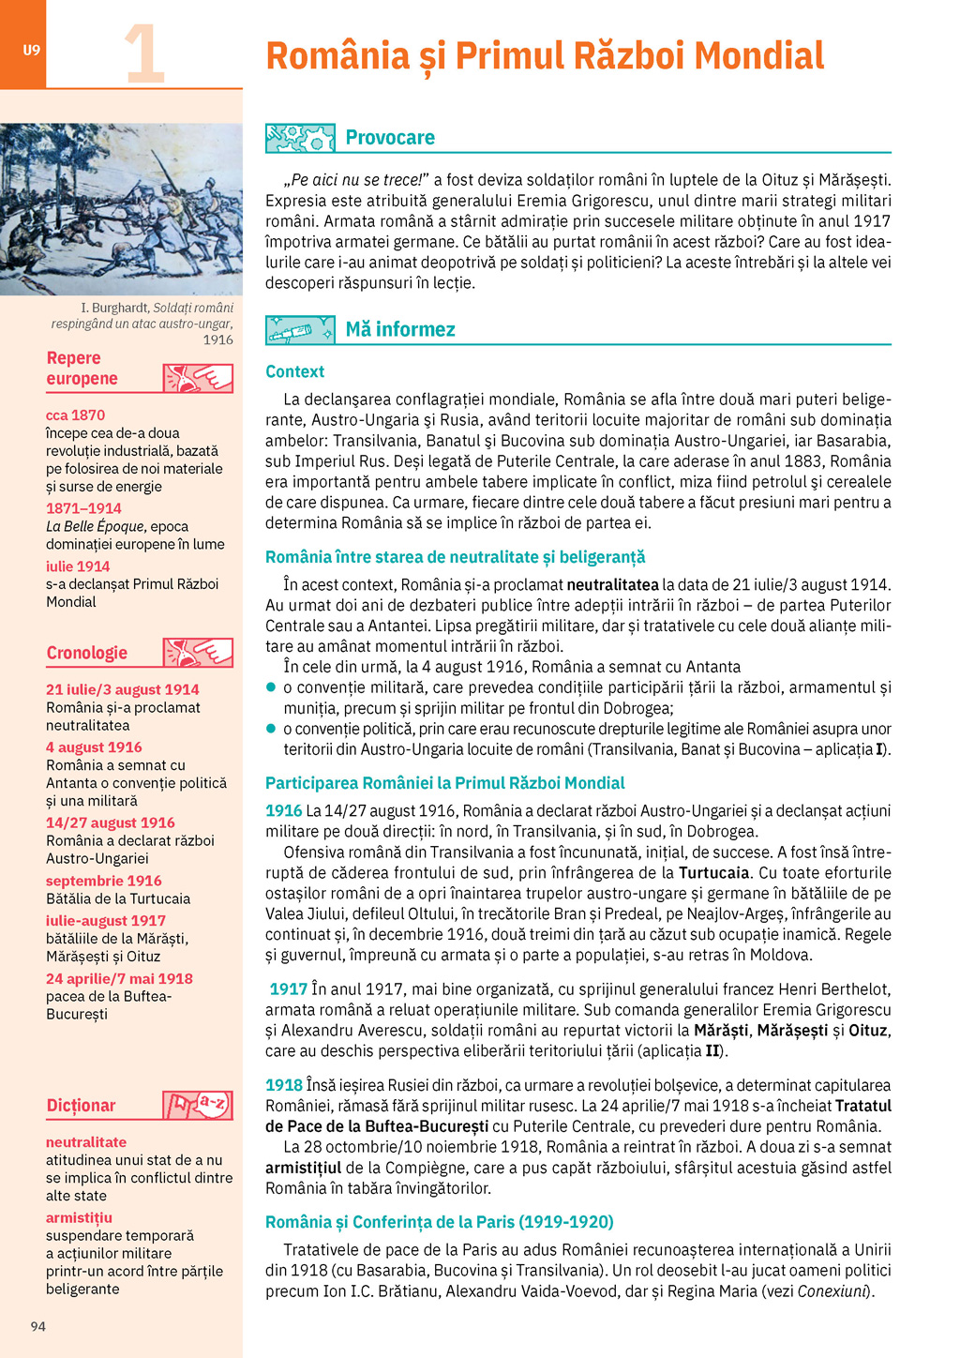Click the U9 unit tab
pos(31,50)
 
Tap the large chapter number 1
pos(144,54)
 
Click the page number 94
pos(37,1325)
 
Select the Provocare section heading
pos(390,138)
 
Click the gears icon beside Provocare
pos(300,138)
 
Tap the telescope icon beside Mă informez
pos(300,330)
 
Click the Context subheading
pos(294,371)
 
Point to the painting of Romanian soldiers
pos(121,209)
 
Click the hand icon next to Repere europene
pos(198,378)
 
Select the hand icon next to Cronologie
pos(198,653)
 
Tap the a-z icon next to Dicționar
pos(198,1105)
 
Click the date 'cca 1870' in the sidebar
pos(76,415)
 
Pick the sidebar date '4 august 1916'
pos(94,747)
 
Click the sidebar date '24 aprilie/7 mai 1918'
pos(119,978)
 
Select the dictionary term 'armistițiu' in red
pos(79,1217)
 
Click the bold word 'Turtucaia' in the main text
pos(717,872)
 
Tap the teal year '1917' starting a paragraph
pos(288,988)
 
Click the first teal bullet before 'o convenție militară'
pos(271,687)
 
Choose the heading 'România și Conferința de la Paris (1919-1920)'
pos(439,1221)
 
